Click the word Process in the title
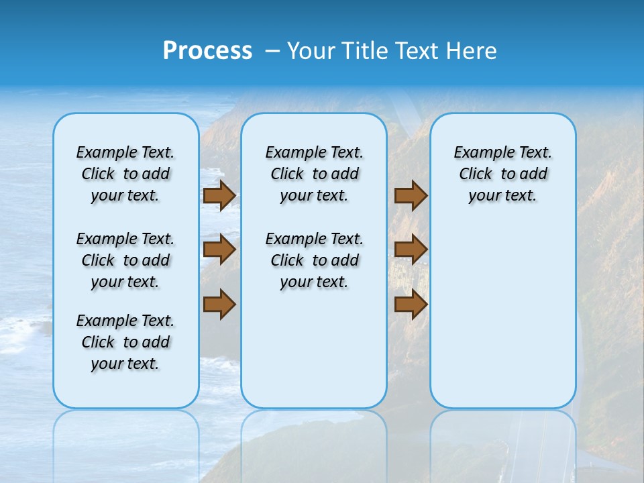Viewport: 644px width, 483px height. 207,51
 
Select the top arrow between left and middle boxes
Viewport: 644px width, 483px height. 219,196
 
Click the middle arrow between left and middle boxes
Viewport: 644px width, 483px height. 219,250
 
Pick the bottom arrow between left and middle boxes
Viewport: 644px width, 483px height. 219,305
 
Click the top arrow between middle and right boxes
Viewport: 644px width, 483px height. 411,196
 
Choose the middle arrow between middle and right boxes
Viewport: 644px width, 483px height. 411,250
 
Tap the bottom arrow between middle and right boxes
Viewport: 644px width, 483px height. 411,305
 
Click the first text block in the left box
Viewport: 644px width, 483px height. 125,174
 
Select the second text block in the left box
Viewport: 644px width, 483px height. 125,260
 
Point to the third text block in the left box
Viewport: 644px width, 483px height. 125,342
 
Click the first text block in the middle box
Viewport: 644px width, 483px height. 314,174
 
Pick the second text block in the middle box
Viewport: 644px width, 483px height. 314,260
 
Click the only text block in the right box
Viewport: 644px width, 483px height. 502,174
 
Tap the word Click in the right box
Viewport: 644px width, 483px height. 476,174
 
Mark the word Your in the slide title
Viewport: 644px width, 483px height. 310,51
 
